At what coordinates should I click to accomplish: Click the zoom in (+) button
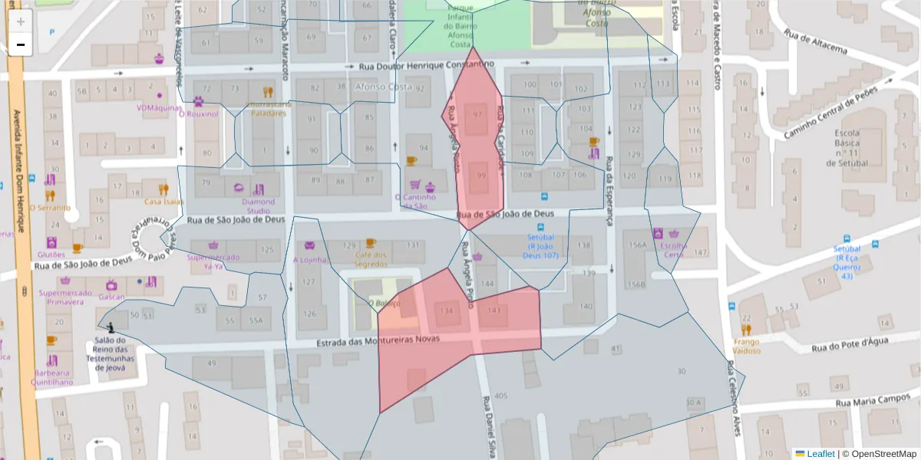point(21,21)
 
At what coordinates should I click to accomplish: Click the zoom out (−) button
point(21,44)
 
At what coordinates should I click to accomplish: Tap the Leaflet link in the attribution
point(820,454)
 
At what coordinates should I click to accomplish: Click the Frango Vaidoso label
point(746,346)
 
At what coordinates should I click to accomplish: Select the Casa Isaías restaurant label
point(163,202)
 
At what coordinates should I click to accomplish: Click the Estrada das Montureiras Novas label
point(378,340)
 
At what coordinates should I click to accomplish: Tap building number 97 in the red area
point(477,115)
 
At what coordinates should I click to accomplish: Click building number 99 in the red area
point(481,176)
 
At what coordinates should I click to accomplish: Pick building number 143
point(494,310)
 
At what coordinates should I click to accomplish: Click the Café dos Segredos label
point(371,259)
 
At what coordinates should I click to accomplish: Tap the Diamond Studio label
point(258,206)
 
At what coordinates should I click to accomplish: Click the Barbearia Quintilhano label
point(53,377)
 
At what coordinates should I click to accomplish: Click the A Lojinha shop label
point(309,259)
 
